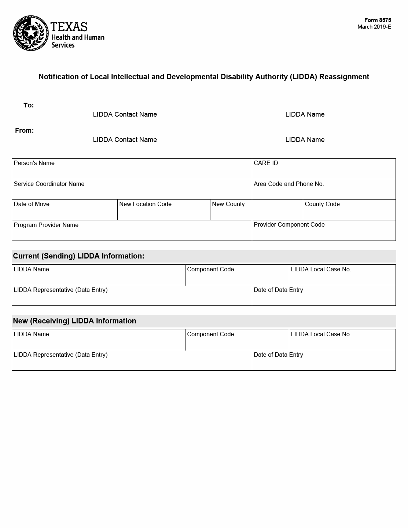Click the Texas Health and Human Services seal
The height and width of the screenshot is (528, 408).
(31, 33)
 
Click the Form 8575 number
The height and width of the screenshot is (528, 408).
(378, 20)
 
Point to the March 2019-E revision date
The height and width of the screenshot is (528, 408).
(374, 27)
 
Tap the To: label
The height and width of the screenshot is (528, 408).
(29, 105)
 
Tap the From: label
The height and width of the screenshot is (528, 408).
(24, 131)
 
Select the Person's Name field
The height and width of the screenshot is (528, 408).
(132, 172)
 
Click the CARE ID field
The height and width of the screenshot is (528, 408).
(324, 172)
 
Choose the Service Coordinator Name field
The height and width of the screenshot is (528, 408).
(132, 192)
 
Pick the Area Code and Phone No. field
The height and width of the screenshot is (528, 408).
(324, 192)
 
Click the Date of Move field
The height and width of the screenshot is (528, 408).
(65, 212)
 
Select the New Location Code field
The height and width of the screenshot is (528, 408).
(163, 212)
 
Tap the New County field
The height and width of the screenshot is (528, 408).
(256, 212)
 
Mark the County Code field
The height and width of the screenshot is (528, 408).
(349, 212)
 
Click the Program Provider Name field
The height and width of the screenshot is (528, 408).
(132, 233)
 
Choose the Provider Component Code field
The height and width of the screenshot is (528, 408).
(324, 233)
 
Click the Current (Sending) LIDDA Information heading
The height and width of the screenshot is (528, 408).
(78, 256)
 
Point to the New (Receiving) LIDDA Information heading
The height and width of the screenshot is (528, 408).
(74, 321)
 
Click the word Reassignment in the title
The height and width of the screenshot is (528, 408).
(344, 77)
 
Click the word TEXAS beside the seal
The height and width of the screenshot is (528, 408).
(69, 27)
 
